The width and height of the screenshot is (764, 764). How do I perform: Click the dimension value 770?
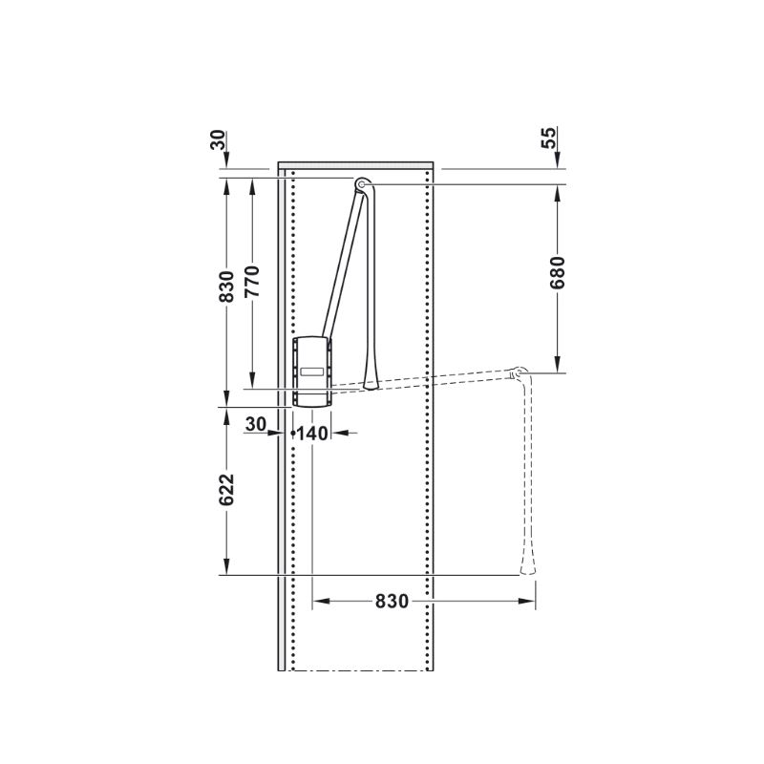[252, 282]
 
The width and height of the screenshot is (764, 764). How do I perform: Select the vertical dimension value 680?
[558, 273]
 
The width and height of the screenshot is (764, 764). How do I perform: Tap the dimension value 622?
[226, 490]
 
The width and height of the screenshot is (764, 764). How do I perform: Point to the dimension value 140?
[312, 434]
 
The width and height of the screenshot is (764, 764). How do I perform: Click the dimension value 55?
[548, 138]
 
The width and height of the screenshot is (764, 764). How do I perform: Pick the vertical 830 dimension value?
[226, 287]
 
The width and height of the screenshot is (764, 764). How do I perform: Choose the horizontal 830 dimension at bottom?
[392, 602]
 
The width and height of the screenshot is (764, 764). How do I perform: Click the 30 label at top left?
[218, 139]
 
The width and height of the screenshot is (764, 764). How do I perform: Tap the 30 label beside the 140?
[256, 424]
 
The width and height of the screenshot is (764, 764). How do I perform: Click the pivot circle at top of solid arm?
[361, 184]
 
